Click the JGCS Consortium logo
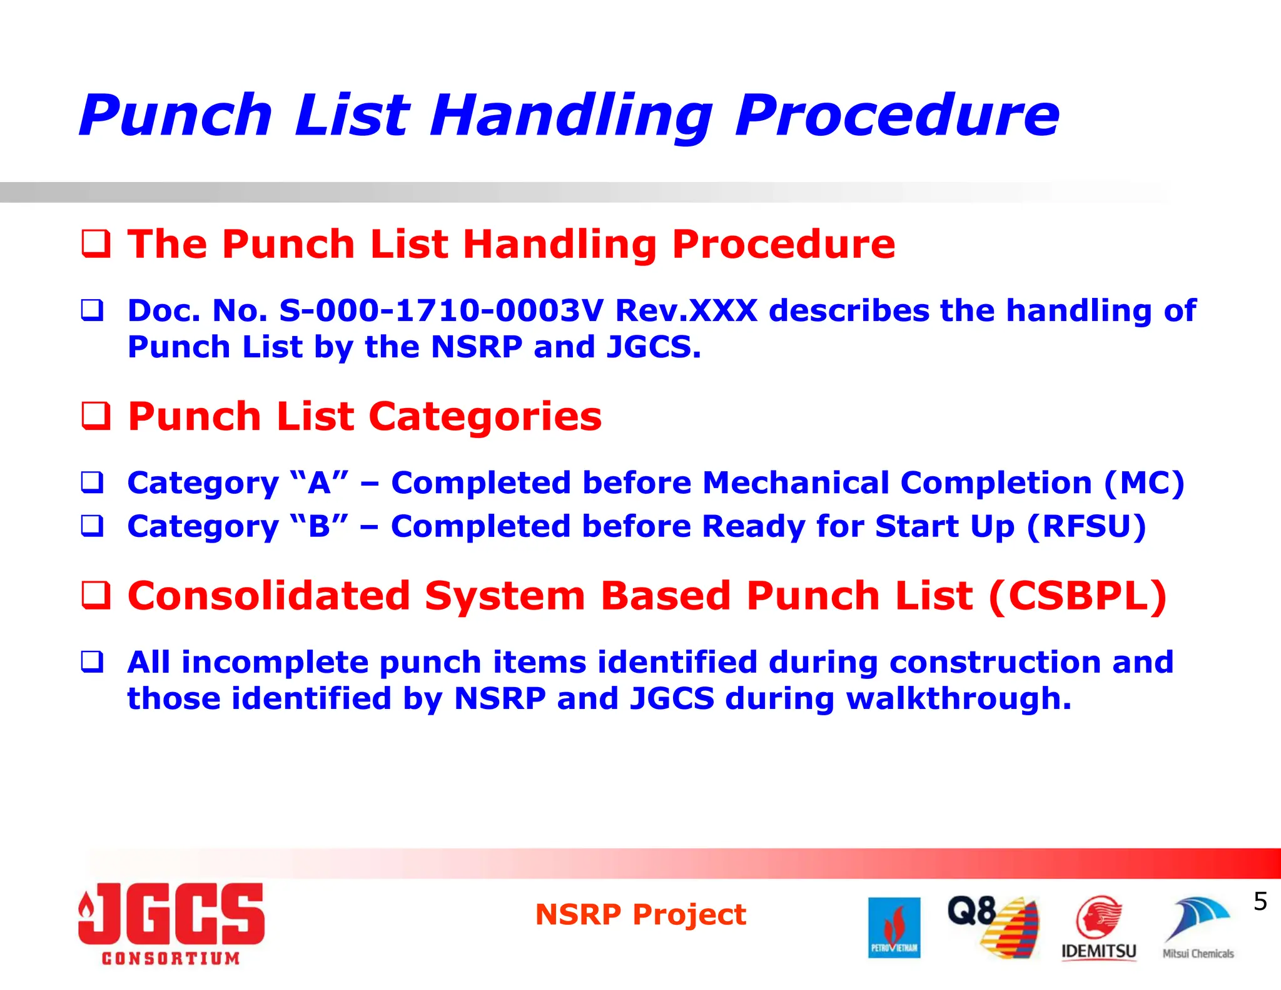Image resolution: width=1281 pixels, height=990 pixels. pos(171,923)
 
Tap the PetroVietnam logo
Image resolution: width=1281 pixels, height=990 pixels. pos(894,927)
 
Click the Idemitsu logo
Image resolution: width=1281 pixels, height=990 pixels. pos(1098,928)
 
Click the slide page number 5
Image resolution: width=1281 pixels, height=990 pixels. pos(1260,902)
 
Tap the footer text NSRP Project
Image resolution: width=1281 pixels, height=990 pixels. pos(640,914)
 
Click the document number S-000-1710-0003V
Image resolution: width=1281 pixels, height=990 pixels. pos(441,310)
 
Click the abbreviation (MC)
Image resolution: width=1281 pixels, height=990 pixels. pos(1144,483)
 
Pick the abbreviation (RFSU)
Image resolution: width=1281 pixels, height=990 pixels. pos(1086,526)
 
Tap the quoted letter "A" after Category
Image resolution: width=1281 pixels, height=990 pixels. pos(319,483)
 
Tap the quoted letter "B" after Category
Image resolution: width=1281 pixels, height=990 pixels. pos(319,526)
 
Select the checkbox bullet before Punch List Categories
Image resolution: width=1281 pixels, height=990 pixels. pos(96,416)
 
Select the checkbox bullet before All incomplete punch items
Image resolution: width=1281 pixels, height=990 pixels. pos(92,661)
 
